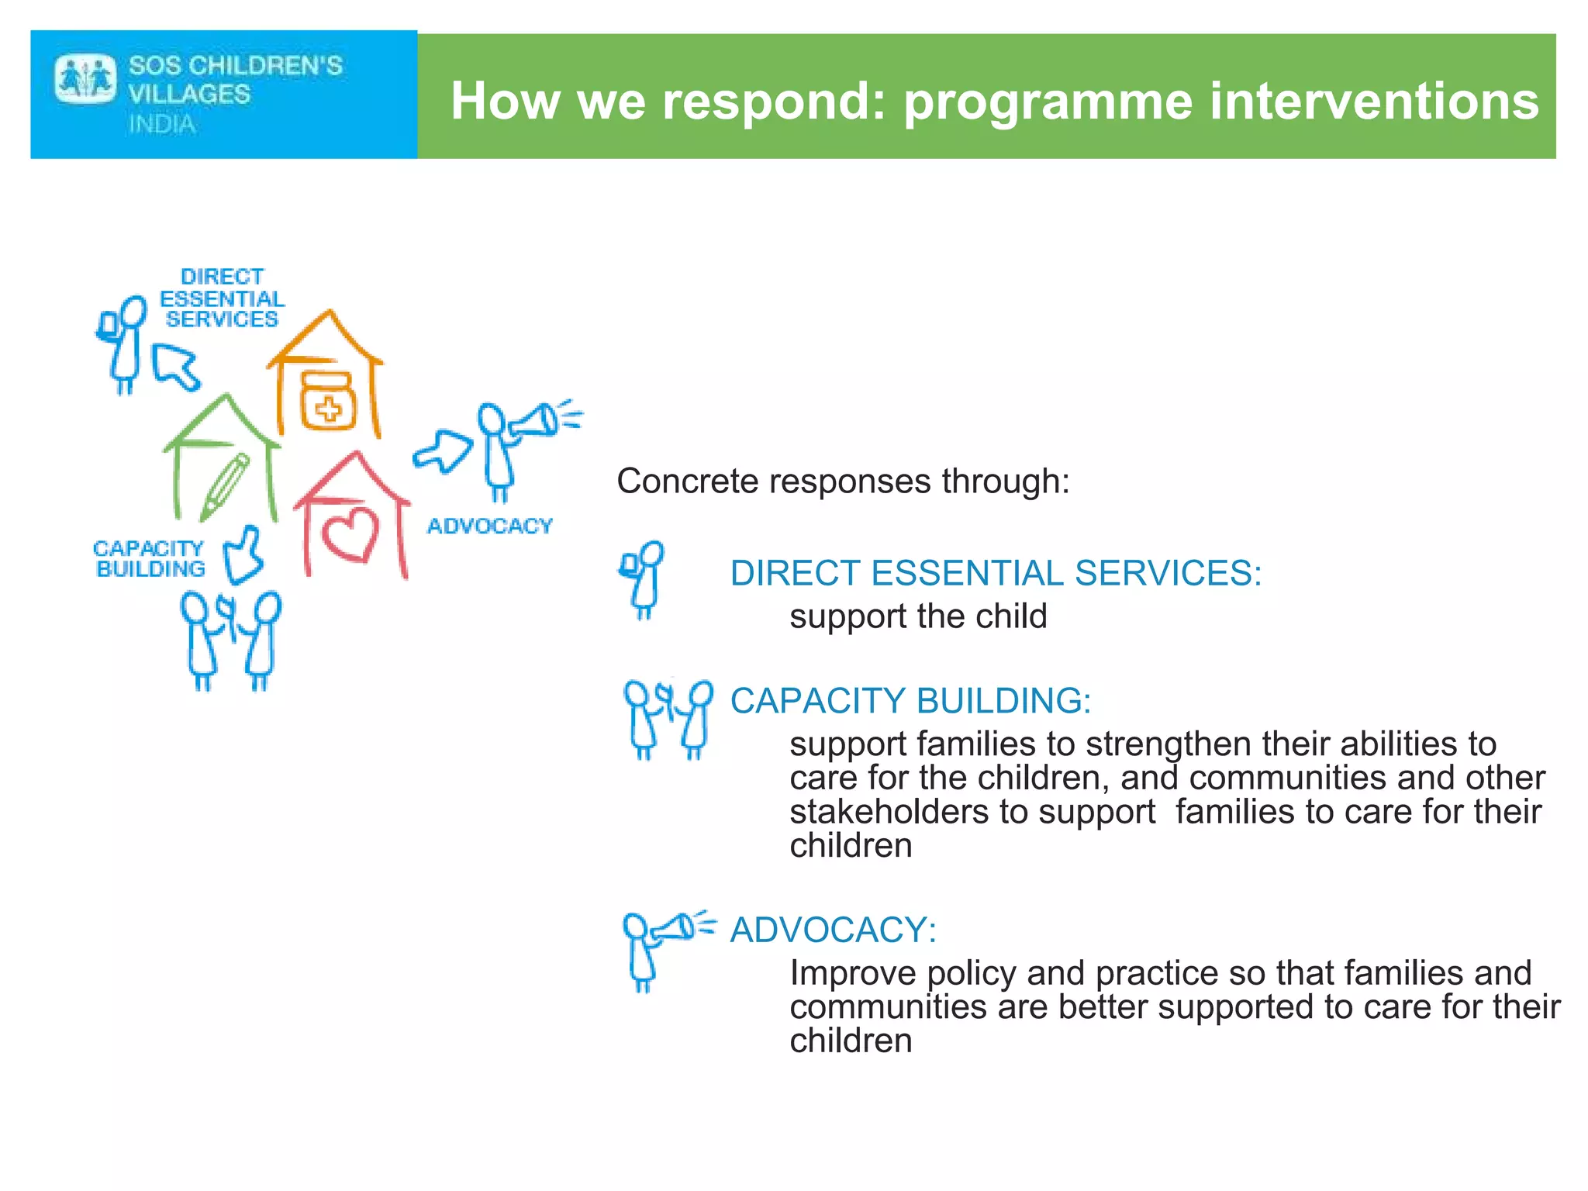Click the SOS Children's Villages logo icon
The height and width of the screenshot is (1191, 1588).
(x=85, y=78)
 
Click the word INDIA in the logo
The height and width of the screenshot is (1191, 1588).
(x=162, y=124)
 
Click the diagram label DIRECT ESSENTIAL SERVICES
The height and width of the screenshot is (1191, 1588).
(x=222, y=299)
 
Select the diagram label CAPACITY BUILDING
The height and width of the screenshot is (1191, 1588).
(x=149, y=559)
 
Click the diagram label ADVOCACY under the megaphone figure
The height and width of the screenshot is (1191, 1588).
(x=489, y=526)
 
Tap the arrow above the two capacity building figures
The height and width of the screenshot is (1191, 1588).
(x=244, y=556)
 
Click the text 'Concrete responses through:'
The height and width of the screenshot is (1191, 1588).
(x=843, y=482)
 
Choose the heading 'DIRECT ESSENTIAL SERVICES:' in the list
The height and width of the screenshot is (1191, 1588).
(x=996, y=574)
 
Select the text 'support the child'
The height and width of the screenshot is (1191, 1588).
(x=918, y=617)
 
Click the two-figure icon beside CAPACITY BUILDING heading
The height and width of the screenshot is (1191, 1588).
(x=668, y=720)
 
